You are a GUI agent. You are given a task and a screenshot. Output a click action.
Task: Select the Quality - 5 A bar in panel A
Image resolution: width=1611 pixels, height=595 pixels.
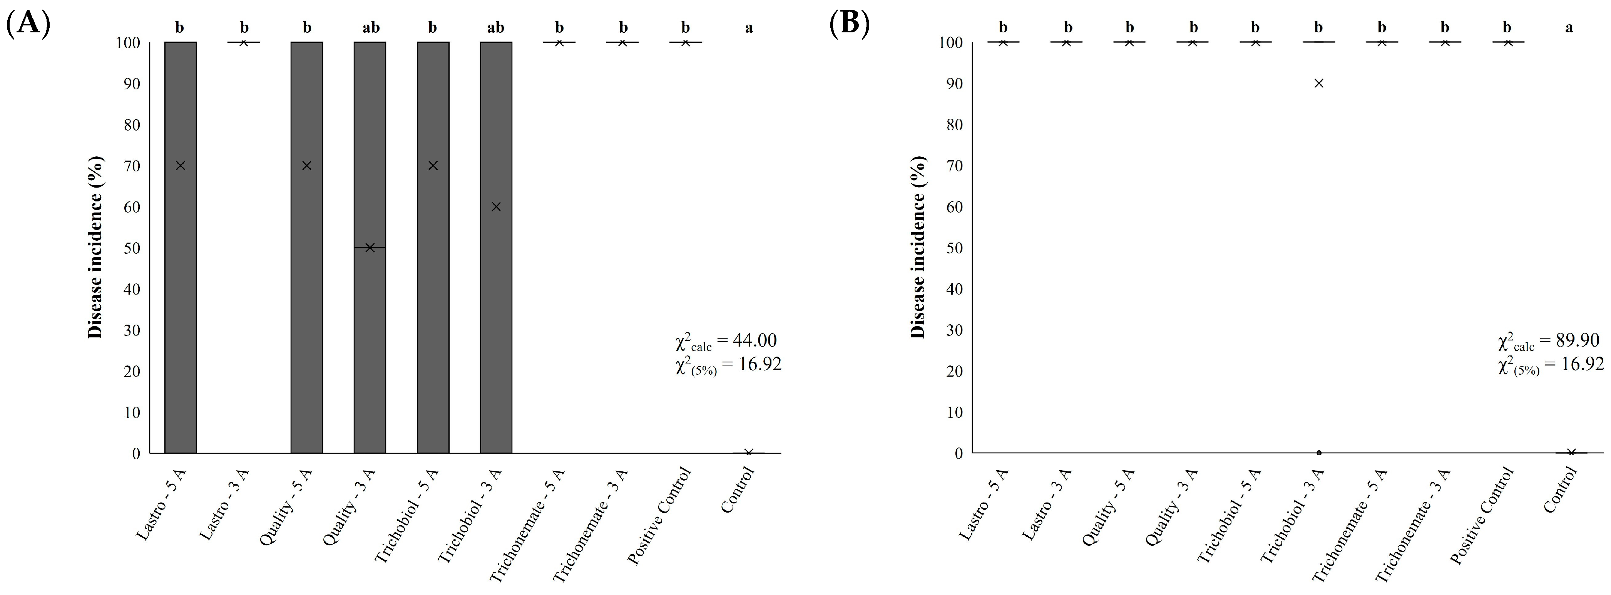coord(306,282)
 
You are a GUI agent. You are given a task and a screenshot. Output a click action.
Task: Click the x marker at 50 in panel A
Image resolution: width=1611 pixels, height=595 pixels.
coord(370,248)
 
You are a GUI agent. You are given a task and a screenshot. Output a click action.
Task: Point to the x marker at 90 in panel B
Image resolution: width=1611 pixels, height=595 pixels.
coord(1318,83)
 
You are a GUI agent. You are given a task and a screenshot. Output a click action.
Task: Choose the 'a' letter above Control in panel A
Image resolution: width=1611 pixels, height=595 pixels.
coord(749,27)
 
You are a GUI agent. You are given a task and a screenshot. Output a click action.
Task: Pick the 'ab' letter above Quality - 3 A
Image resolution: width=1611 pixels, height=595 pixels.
coord(371,27)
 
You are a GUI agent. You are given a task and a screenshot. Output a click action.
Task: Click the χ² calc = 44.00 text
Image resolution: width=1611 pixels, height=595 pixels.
coord(726,341)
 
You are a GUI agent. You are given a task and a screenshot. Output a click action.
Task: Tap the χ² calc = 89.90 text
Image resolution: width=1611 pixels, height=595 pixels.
coord(1549,341)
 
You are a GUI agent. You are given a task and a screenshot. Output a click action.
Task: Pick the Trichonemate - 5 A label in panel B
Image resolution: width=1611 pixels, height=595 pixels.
coord(1350,526)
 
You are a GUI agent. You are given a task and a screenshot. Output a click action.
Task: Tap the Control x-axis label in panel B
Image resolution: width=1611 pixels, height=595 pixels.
coord(1560,491)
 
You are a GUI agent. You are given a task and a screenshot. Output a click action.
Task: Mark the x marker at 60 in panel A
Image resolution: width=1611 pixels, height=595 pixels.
coord(496,206)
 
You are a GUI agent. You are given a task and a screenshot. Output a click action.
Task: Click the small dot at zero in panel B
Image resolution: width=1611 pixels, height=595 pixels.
coord(1318,453)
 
